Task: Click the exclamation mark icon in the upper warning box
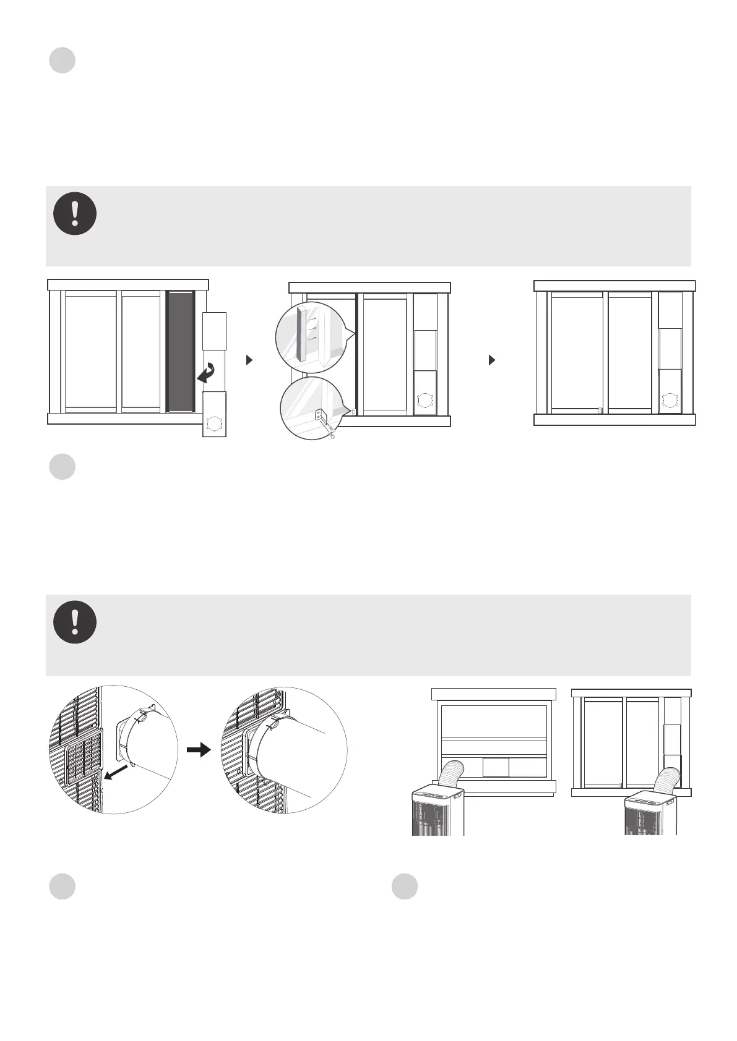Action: pyautogui.click(x=75, y=213)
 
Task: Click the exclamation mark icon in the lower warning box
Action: pyautogui.click(x=75, y=622)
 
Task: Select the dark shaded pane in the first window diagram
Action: pyautogui.click(x=181, y=351)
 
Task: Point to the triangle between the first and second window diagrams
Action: pyautogui.click(x=249, y=360)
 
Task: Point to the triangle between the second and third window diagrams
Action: pyautogui.click(x=492, y=360)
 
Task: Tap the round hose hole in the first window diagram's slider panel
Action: pyautogui.click(x=213, y=425)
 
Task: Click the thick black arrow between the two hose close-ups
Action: pyautogui.click(x=199, y=750)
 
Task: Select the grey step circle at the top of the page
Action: pyautogui.click(x=62, y=61)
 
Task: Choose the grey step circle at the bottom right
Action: pyautogui.click(x=405, y=886)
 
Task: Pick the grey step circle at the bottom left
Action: pyautogui.click(x=62, y=886)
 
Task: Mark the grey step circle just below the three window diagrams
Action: pyautogui.click(x=62, y=467)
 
